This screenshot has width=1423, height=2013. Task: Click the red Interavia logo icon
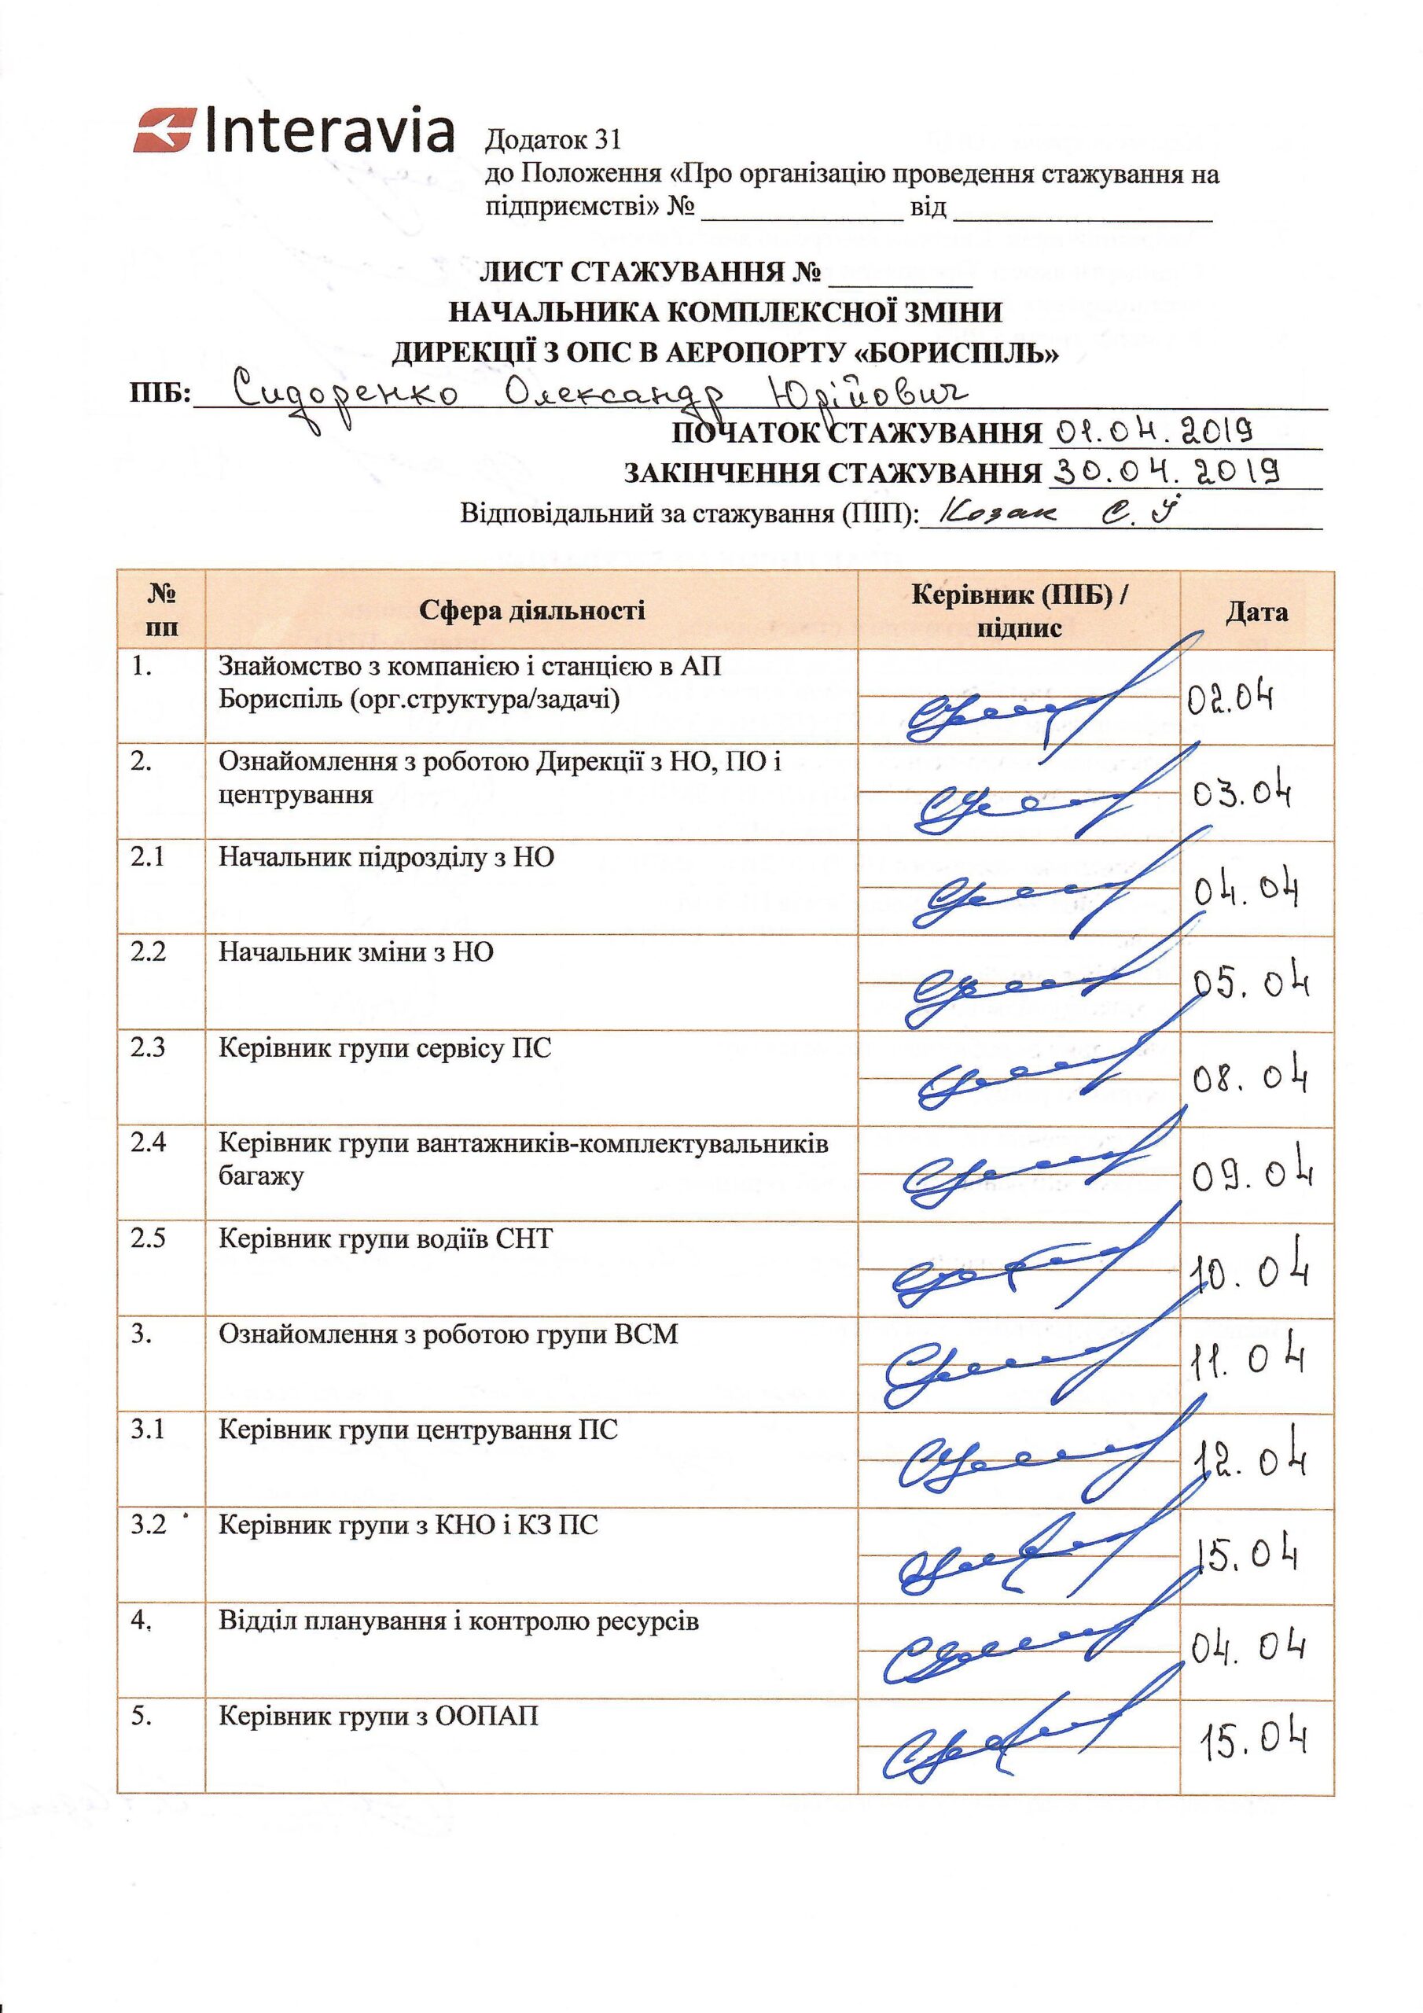[x=164, y=131]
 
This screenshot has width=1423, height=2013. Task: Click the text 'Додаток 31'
[x=553, y=139]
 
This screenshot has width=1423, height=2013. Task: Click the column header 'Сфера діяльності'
[x=531, y=610]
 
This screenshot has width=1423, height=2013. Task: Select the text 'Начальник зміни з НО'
[x=356, y=952]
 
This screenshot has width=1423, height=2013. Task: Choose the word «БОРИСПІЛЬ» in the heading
[x=957, y=352]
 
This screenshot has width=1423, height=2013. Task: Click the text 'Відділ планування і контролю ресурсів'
[x=458, y=1621]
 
